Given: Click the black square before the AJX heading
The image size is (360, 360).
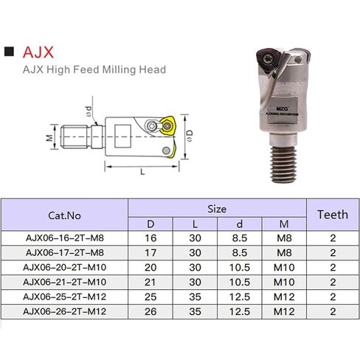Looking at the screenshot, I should coord(10,54).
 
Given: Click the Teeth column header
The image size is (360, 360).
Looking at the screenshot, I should coord(332,215).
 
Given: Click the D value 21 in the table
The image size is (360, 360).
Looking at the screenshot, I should coord(150,282).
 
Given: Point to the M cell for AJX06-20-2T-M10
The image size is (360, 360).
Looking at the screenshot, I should coord(283,267).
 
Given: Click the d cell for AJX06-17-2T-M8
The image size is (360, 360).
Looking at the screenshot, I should coord(238,252).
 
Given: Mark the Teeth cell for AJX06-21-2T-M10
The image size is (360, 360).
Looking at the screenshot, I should coord(332,282).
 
